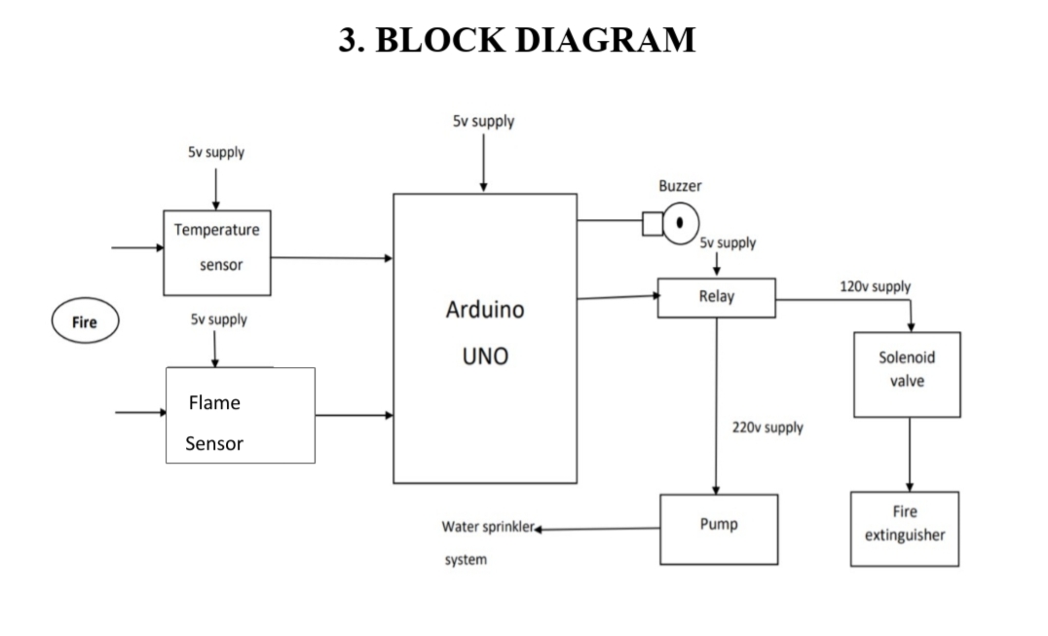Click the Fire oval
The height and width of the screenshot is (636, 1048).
click(85, 322)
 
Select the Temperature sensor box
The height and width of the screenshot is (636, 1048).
click(216, 252)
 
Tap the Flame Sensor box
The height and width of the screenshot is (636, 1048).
click(241, 415)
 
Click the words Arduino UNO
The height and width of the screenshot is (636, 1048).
click(484, 332)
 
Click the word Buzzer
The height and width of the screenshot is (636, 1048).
click(680, 185)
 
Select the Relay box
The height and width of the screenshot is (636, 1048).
click(716, 297)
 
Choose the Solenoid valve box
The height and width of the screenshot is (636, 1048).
click(907, 374)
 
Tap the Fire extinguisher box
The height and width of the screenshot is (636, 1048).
click(904, 529)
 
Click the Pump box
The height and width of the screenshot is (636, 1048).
click(719, 529)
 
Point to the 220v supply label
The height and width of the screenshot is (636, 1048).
click(767, 428)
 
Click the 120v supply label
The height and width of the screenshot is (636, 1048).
click(875, 286)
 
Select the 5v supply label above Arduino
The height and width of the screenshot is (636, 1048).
click(483, 122)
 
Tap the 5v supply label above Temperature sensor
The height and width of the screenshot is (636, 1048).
click(216, 153)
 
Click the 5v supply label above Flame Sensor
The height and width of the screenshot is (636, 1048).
click(218, 319)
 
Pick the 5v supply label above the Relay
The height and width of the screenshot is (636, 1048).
click(728, 243)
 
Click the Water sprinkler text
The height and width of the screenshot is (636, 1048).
click(488, 527)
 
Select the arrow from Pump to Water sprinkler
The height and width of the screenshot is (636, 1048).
click(598, 529)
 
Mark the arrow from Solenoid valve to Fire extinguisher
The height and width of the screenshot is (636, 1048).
click(910, 454)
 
